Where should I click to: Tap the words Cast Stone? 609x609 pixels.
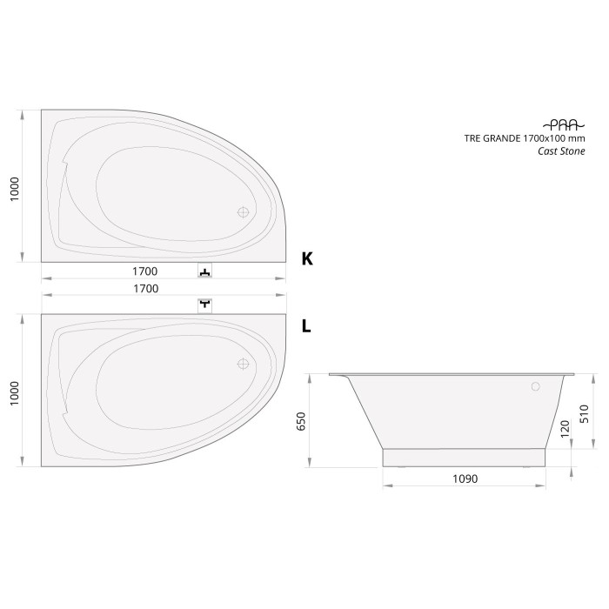coord(561,151)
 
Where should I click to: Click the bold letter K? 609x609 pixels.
coord(306,258)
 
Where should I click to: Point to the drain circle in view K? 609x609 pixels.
coord(244,211)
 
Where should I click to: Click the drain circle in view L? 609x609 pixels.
coord(244,365)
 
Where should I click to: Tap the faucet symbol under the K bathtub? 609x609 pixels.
coord(204,272)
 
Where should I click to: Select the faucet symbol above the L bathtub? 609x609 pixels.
coord(204,304)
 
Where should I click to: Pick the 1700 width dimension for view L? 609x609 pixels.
coord(145,289)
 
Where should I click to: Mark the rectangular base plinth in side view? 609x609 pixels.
coord(465,458)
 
